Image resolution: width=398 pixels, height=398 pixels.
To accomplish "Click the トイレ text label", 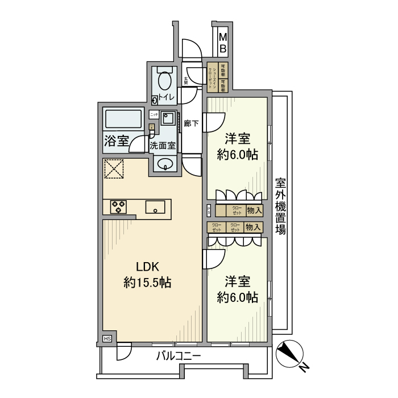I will (x=167, y=97).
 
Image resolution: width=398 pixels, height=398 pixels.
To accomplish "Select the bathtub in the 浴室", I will (x=123, y=120).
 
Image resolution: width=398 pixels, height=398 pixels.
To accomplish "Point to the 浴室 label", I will (x=116, y=142).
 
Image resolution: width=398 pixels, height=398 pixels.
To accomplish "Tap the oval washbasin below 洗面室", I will (x=165, y=165).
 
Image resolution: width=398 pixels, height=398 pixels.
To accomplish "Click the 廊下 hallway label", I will (x=192, y=123).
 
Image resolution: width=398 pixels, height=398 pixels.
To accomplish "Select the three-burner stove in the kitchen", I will (x=119, y=207).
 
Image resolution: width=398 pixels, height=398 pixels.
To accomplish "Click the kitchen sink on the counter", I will (x=155, y=207).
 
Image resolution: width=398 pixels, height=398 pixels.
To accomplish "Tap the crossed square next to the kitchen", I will (x=114, y=169).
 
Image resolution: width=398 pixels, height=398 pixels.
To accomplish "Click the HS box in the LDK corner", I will (x=107, y=339).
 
